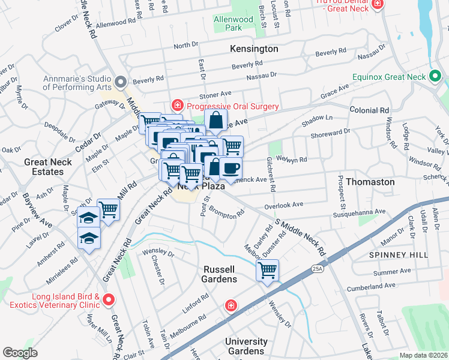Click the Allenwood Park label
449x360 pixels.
234,23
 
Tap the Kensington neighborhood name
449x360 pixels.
254,49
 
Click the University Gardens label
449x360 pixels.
246,346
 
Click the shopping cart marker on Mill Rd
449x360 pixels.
108,209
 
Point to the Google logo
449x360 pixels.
20,353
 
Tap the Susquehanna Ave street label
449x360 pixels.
363,212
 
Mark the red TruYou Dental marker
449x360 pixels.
377,5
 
